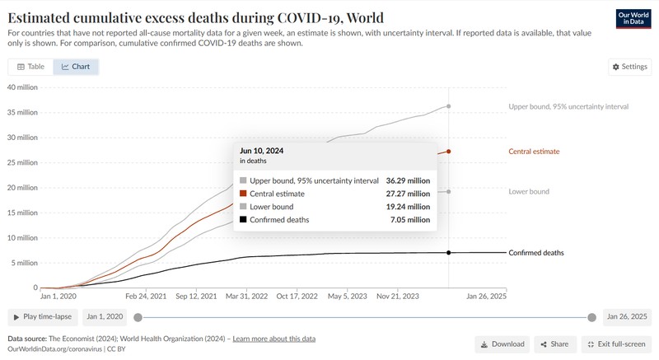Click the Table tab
(x=30, y=67)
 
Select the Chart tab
(x=76, y=67)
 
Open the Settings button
(x=629, y=67)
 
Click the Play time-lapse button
(x=43, y=316)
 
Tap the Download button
(x=502, y=344)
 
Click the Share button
(x=554, y=344)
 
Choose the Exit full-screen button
(x=616, y=344)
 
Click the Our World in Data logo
(x=633, y=18)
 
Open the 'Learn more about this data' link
(x=274, y=339)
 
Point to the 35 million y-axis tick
(x=22, y=113)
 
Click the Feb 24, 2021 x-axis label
(x=146, y=296)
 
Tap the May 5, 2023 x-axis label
(x=347, y=296)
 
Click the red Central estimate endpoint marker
(x=449, y=152)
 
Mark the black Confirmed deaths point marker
(x=449, y=252)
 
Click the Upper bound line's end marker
(x=449, y=106)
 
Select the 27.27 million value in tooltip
(x=408, y=194)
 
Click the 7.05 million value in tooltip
(x=409, y=220)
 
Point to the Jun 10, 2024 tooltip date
(x=261, y=151)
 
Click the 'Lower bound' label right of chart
(x=529, y=192)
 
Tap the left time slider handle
(x=138, y=317)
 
